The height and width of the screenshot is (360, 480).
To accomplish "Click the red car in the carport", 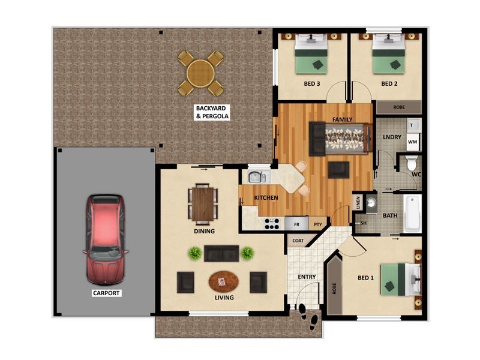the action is coord(106,239).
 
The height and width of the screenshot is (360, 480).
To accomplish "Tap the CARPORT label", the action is coord(106,293).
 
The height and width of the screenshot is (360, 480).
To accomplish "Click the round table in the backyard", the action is coord(201,73).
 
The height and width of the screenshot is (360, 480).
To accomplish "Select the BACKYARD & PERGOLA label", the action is coord(212,112).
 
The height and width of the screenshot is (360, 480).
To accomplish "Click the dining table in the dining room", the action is coord(203,203).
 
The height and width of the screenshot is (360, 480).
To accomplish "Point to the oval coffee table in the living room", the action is coord(223,281).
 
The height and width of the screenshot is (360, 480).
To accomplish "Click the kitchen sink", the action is coord(257,176).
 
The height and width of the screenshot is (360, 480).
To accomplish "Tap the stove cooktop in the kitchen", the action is coord(272,224).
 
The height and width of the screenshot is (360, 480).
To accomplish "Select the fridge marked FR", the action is coord(296,223).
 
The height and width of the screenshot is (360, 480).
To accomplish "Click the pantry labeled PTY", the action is coord(318,224).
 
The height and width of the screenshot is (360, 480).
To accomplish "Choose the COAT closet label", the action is coord(298,241).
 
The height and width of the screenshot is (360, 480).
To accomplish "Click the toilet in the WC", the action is coord(412,162).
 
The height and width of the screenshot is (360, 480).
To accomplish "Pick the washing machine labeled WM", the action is coord(413,142).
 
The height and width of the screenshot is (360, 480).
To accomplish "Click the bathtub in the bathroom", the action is coord(412,214).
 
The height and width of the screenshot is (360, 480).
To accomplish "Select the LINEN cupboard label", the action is coord(358,203).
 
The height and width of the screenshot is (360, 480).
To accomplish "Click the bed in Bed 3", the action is coord(311,54).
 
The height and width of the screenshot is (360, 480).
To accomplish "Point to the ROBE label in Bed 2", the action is coord(399,107).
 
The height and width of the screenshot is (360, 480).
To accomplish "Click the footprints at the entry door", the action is coord(308,317).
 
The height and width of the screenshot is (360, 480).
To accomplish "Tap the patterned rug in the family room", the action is coord(344,138).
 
